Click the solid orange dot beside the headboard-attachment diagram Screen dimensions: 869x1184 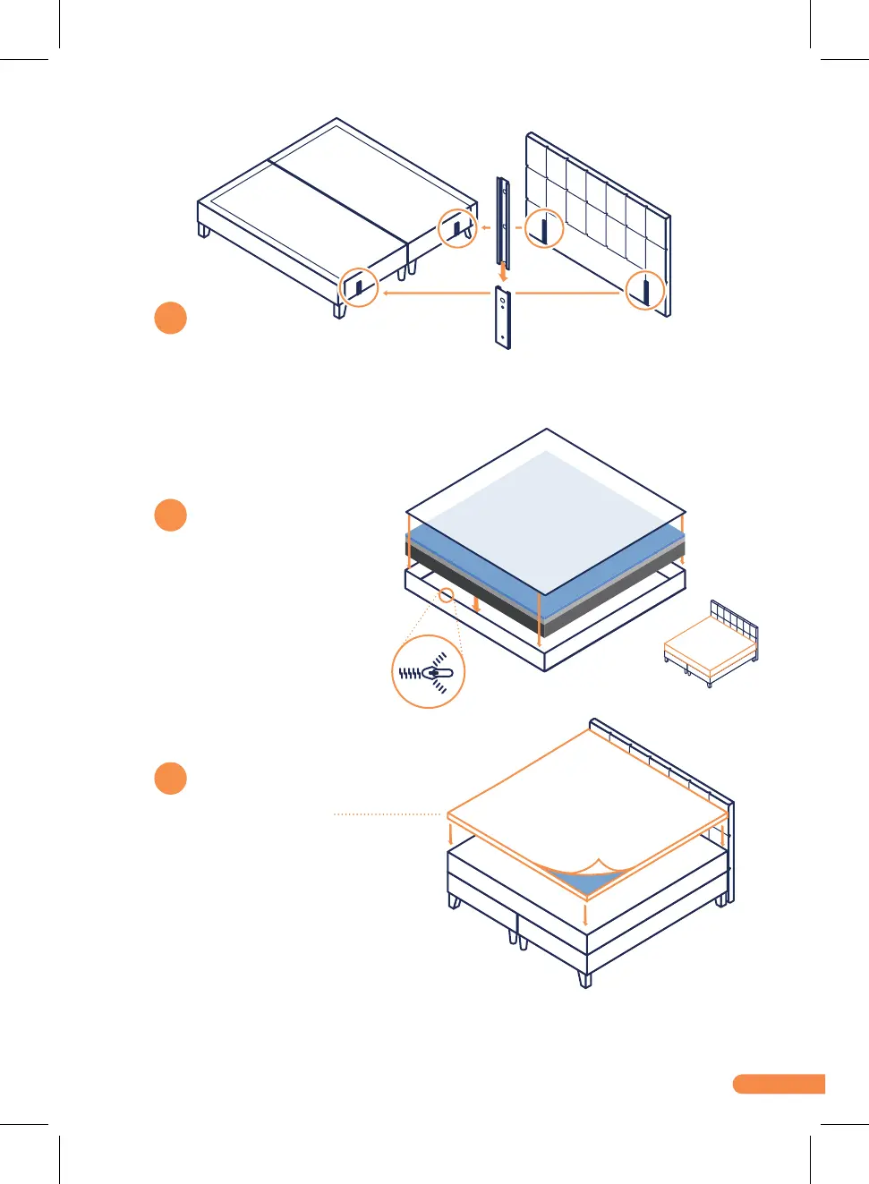(x=170, y=318)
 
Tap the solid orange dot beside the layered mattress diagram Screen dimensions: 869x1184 (x=170, y=515)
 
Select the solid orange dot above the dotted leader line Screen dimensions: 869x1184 (x=170, y=778)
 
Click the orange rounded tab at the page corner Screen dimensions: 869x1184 (x=778, y=1084)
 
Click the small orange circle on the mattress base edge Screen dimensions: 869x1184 (x=446, y=594)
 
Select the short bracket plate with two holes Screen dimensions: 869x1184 (x=503, y=317)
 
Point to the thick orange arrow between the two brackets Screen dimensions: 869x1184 (x=503, y=272)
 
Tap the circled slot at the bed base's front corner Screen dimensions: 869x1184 (x=360, y=287)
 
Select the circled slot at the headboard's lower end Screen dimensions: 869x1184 (x=644, y=291)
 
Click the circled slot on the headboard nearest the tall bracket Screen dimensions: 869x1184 (x=543, y=228)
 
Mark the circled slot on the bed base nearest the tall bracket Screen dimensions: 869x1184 (x=457, y=229)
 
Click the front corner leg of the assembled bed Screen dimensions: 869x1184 (x=585, y=978)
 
